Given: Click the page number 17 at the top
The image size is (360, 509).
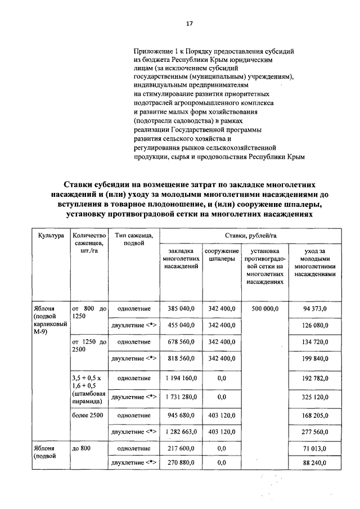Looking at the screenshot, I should pos(190,23).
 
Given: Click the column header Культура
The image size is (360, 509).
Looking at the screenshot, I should pos(51,235).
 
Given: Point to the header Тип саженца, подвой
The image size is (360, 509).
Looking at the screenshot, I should pos(134,238).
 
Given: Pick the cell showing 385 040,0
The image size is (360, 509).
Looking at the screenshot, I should pos(179,309).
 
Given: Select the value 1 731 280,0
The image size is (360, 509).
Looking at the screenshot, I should pos(179,397).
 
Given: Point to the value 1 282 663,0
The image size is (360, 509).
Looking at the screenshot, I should pos(179,432).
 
